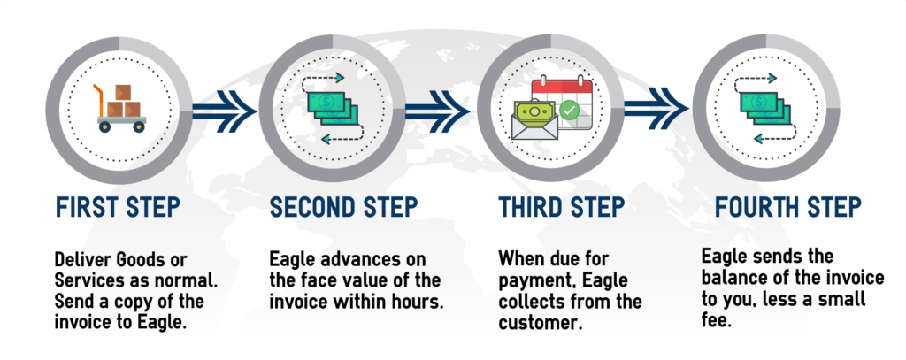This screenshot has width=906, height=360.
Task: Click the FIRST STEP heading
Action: click(x=118, y=207)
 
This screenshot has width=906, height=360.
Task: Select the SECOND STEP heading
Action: click(x=344, y=207)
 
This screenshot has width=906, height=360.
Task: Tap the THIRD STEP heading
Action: click(x=562, y=207)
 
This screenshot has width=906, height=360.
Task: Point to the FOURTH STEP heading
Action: click(x=788, y=207)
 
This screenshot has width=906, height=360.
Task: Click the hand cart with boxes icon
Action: click(x=119, y=109)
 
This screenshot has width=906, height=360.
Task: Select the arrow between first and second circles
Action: click(x=224, y=110)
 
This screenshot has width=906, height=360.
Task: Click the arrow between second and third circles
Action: click(x=437, y=110)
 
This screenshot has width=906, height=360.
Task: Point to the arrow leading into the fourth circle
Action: click(x=656, y=108)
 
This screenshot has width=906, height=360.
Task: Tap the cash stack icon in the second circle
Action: click(x=333, y=109)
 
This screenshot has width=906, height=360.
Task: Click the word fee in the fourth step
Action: click(x=717, y=320)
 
